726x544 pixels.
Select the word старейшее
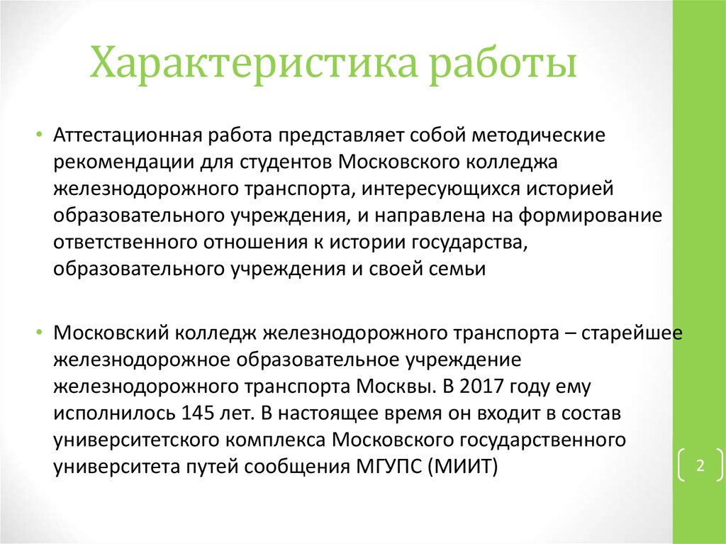point(633,332)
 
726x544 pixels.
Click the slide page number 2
point(699,466)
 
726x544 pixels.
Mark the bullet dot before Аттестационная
point(40,135)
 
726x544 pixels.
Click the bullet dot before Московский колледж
point(40,333)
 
